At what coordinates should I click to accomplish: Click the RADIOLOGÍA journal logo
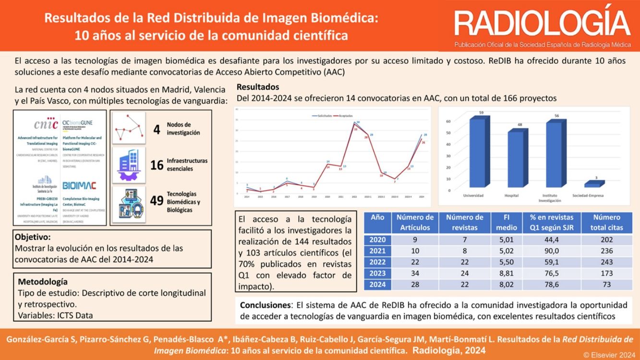tap(542, 24)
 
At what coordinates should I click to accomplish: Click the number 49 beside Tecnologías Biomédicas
tap(157, 201)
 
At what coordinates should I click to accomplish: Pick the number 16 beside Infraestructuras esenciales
tap(157, 165)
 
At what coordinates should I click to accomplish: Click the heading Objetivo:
tap(33, 237)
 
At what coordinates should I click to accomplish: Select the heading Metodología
tap(43, 282)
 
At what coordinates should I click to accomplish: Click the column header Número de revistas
tap(464, 222)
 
